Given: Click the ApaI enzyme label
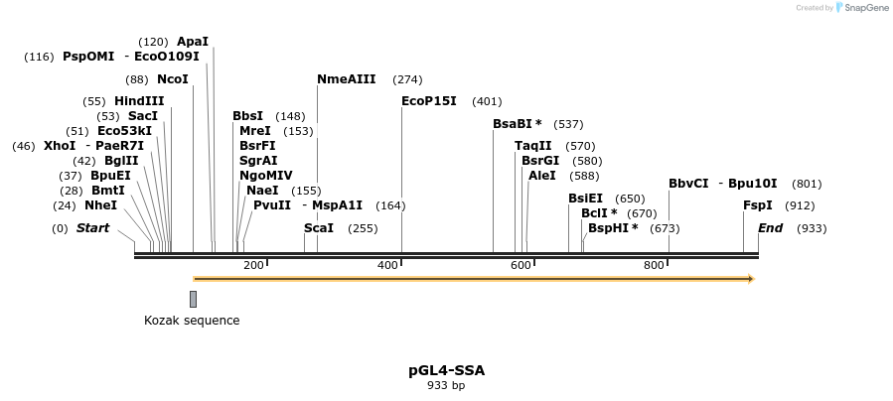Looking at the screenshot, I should coord(193,42).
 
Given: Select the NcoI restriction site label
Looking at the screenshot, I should coord(173,79).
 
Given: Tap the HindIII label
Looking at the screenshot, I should coord(139,101).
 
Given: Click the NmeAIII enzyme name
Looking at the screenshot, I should coord(346,79).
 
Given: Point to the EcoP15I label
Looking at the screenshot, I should coord(429,101).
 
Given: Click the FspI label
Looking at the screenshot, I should coord(758,205).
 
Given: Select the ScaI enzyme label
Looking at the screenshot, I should coord(319,228).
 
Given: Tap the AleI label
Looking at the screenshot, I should coord(542,176).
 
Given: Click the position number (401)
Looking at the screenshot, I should coord(487,101).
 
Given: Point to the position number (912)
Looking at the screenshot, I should coord(800,205).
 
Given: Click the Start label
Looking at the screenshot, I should coord(92,228).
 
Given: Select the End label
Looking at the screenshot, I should coord(771,228).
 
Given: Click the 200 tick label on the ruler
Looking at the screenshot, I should coord(253,265).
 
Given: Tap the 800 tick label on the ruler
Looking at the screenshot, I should coord(654,265).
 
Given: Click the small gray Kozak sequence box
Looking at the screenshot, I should coord(193,299).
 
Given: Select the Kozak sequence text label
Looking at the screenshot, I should coord(192,321).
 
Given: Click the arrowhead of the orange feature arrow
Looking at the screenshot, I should coord(750,279).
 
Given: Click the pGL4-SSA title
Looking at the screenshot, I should coord(446,370).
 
